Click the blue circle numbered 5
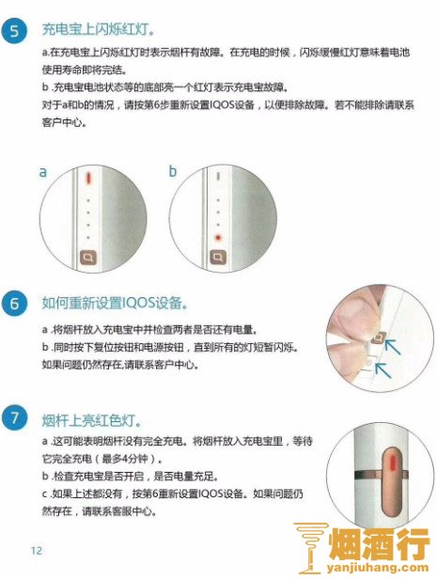15,30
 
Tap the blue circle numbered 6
15,304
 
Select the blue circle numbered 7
15,418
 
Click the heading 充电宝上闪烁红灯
98,29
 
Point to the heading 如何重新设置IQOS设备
115,303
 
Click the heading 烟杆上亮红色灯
91,420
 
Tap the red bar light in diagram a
88,178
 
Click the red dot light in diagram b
218,238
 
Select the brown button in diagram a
88,257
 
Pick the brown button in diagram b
218,257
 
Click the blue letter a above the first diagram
43,172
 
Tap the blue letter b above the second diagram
173,171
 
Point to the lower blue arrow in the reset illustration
382,370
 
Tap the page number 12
37,551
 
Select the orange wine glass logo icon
310,547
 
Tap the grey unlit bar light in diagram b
218,177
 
